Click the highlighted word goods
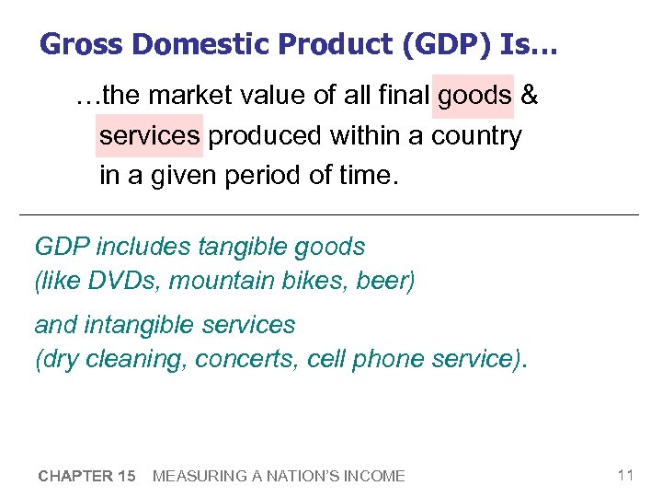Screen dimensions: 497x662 point(474,96)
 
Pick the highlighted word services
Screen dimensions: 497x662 point(149,136)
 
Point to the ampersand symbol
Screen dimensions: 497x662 point(530,96)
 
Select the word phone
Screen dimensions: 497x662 point(386,359)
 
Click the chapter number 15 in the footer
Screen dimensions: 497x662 point(126,476)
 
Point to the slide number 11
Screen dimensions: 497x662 point(625,475)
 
